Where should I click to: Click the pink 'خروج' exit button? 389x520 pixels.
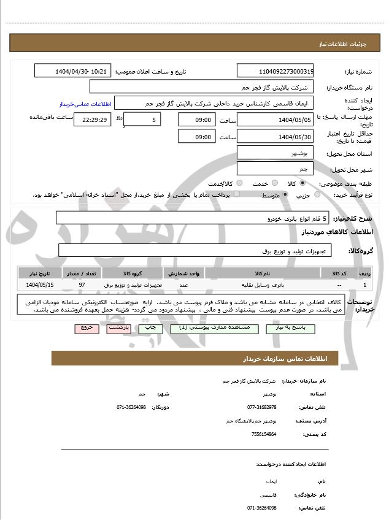87,329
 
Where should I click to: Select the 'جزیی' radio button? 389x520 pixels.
317,195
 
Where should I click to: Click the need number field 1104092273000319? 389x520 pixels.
275,71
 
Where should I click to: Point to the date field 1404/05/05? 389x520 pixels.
275,120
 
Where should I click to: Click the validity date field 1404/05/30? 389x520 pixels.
275,137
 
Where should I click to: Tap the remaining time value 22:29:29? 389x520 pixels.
93,120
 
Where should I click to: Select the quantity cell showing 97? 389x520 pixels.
82,285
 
